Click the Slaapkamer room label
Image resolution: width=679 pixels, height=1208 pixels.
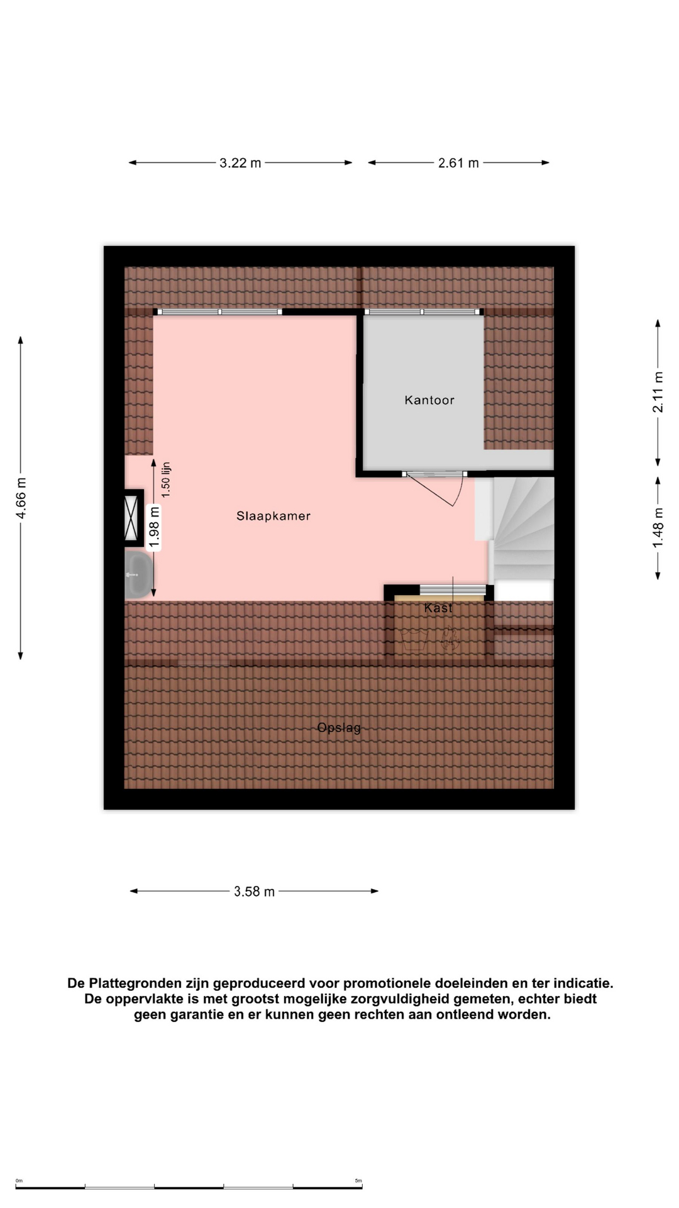(273, 516)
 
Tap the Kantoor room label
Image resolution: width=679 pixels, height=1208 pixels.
(429, 400)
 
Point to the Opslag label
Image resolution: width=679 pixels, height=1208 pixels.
(339, 728)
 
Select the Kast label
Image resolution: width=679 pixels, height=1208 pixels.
(438, 608)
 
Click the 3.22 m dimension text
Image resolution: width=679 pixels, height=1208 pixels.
(240, 163)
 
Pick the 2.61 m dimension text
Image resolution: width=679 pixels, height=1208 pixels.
(458, 163)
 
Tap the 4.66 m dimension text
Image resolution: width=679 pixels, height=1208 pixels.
(21, 498)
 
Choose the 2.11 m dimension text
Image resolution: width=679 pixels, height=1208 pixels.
(658, 392)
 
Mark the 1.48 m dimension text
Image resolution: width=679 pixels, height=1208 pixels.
(658, 527)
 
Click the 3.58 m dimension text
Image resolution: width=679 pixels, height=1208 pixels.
(254, 892)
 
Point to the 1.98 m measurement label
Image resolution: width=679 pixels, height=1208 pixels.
(154, 527)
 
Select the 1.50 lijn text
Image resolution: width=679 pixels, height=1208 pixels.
(166, 480)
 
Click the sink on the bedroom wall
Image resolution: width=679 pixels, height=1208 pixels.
(139, 574)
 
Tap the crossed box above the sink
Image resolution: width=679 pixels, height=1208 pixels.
(131, 518)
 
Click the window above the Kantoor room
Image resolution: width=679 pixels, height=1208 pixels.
(422, 311)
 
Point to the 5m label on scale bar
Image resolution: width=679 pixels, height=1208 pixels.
(358, 1181)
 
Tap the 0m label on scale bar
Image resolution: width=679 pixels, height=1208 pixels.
(19, 1181)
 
